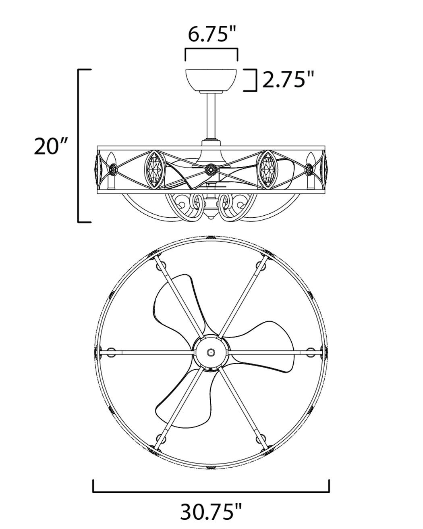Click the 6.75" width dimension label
pos(211,35)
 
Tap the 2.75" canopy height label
pos(288,80)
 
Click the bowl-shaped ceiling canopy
pos(211,80)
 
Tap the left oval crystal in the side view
pos(154,169)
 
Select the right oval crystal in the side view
pos(267,169)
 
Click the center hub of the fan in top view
pos(210,352)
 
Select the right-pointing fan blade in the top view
pos(266,347)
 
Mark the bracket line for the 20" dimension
pos(79,146)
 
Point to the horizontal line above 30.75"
pos(211,492)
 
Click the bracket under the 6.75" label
pos(211,49)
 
